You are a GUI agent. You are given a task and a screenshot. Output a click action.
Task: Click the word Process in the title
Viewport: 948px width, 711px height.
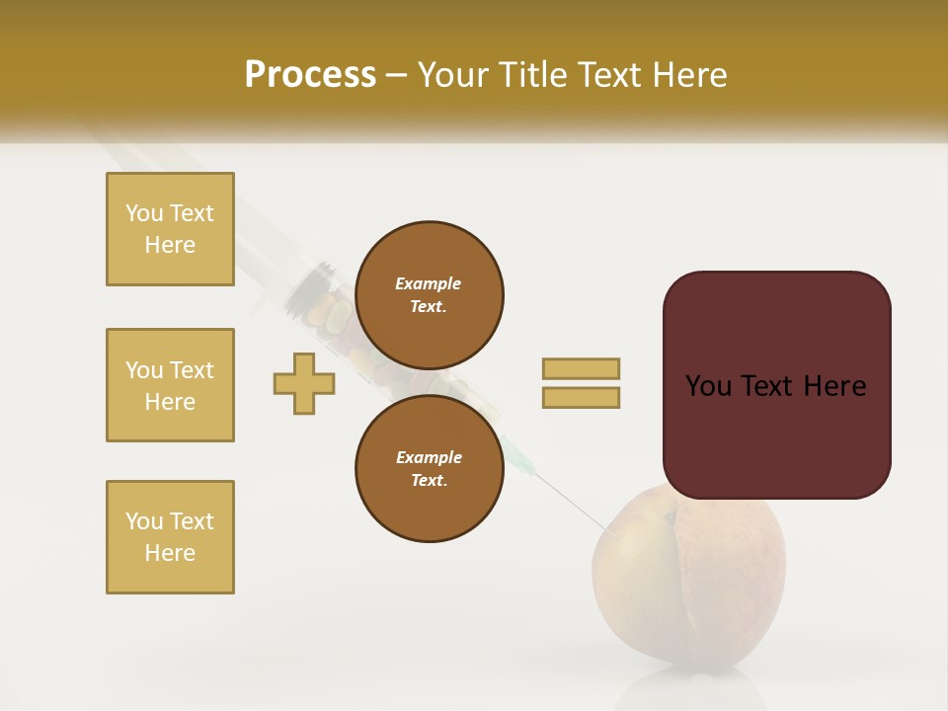(310, 75)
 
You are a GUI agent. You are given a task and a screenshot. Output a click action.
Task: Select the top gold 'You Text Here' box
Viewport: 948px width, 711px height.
(170, 229)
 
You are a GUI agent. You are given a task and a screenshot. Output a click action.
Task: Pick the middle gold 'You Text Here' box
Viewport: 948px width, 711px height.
(170, 385)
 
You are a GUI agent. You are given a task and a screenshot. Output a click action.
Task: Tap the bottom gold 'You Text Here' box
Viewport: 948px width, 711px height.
(170, 537)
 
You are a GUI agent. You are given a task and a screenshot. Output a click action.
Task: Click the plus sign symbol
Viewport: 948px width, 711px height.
(304, 384)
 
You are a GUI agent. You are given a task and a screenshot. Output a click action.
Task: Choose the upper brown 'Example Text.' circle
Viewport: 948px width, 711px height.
(429, 294)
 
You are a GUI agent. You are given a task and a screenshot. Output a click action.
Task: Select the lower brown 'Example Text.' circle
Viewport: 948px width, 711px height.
(429, 468)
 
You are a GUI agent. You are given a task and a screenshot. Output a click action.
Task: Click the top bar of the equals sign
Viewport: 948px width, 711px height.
(581, 368)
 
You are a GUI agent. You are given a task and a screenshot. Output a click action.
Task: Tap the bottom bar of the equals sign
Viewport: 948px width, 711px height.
(581, 397)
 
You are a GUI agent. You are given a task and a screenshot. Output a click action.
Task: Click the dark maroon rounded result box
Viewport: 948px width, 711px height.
(776, 385)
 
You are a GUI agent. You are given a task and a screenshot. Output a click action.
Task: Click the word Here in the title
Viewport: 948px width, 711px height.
(690, 75)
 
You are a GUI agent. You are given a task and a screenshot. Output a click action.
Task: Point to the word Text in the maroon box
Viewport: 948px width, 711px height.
(775, 386)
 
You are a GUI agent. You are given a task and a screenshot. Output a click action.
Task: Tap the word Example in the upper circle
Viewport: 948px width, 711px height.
(428, 283)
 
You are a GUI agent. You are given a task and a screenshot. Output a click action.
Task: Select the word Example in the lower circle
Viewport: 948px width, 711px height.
(429, 457)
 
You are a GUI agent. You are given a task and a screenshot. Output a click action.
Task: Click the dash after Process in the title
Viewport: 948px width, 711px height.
(396, 75)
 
